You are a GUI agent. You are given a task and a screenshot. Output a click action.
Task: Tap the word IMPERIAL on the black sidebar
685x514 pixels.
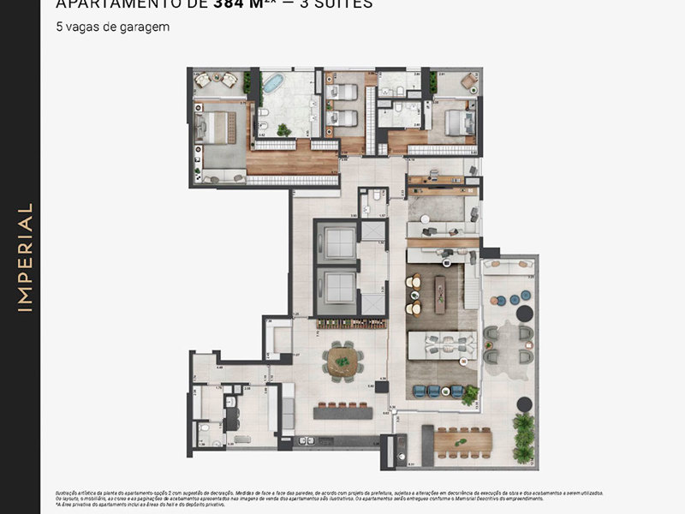[25, 257]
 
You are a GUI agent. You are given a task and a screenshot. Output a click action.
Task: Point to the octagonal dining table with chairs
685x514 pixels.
[342, 360]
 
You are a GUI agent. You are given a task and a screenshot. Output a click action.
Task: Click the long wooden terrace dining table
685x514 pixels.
[463, 441]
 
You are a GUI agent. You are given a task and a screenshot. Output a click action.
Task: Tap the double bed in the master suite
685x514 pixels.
[215, 127]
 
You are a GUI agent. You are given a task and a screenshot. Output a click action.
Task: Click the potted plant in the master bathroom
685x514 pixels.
[283, 130]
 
